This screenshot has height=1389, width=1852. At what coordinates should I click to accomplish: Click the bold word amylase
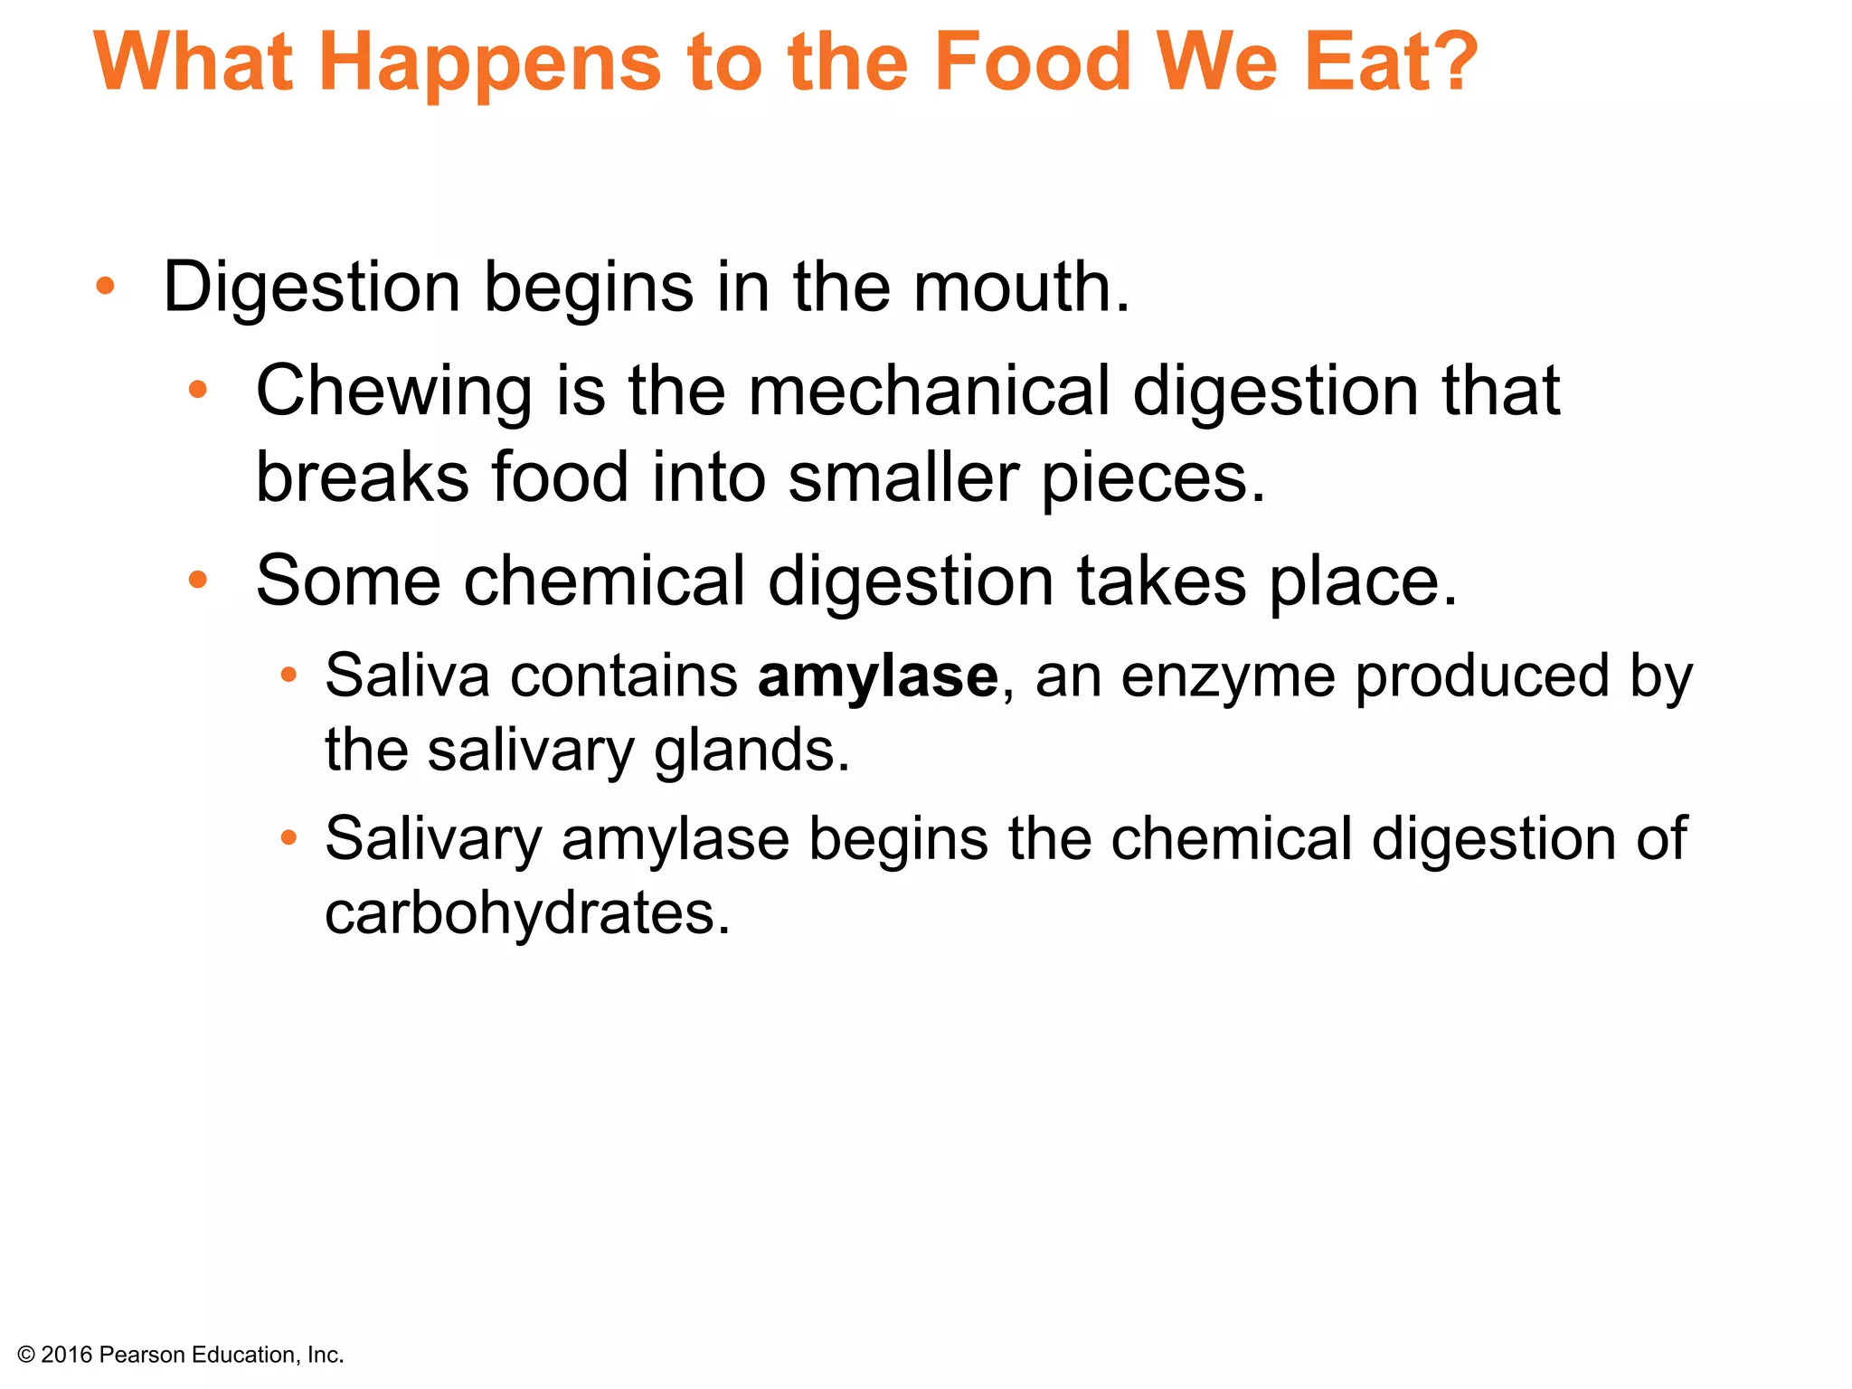pyautogui.click(x=877, y=676)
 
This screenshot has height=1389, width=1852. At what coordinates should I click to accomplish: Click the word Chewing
pyautogui.click(x=394, y=391)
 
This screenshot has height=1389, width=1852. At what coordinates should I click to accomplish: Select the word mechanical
pyautogui.click(x=929, y=391)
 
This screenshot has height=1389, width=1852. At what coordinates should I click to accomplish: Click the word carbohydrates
pyautogui.click(x=526, y=913)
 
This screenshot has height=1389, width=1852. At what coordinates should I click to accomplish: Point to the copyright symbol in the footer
pyautogui.click(x=26, y=1355)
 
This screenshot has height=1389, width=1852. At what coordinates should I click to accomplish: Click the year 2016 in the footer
pyautogui.click(x=67, y=1355)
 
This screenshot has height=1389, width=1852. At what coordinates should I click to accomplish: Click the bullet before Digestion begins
pyautogui.click(x=106, y=287)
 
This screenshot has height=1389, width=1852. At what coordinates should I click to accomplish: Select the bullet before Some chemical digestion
pyautogui.click(x=198, y=580)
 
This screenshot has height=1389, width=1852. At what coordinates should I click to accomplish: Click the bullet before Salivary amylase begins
pyautogui.click(x=288, y=838)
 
